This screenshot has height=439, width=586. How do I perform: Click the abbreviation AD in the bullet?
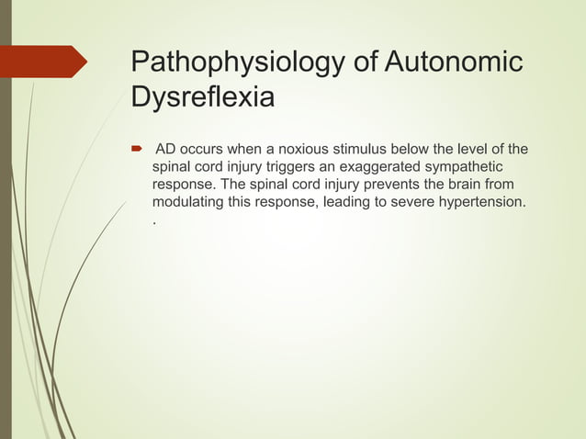pyautogui.click(x=167, y=150)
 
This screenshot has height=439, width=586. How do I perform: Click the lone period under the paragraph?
pyautogui.click(x=153, y=223)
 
